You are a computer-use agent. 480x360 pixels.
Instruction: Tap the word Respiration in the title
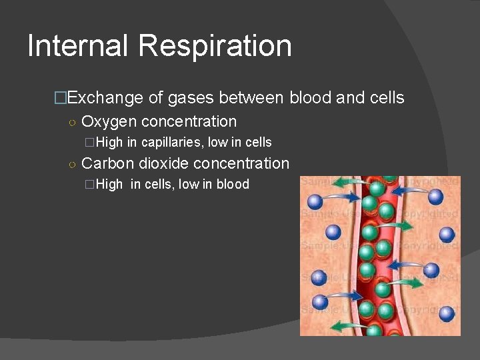(215, 46)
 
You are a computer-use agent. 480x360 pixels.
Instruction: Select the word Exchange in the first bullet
(105, 98)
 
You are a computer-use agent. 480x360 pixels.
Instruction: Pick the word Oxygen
(109, 122)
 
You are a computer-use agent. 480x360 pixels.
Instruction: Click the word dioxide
(163, 163)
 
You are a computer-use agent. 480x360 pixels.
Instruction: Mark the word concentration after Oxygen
(189, 122)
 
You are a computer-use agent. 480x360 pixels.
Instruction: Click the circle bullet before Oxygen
(72, 123)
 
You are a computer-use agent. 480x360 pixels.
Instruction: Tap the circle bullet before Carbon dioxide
(72, 164)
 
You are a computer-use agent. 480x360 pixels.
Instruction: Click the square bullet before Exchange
(61, 99)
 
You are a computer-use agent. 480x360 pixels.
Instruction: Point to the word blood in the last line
(233, 185)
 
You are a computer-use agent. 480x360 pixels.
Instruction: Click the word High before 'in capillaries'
(109, 142)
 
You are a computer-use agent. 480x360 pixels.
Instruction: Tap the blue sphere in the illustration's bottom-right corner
(447, 313)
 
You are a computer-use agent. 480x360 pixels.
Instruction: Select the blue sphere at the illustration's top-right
(436, 196)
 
